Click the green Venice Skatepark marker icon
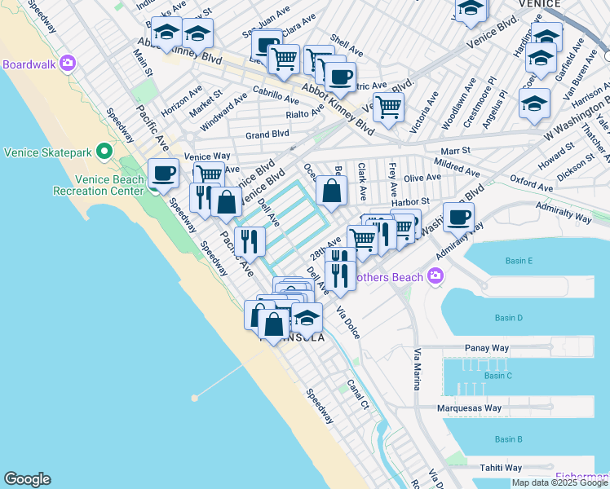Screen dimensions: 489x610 click(x=104, y=152)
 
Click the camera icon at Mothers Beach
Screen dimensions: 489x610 click(x=436, y=277)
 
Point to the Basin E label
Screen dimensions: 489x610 click(x=519, y=261)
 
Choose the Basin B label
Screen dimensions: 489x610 click(x=508, y=440)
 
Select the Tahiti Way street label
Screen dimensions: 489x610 click(x=501, y=468)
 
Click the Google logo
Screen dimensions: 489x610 click(x=27, y=479)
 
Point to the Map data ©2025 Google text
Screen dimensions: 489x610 click(x=559, y=482)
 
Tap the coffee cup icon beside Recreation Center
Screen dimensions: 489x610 click(x=163, y=174)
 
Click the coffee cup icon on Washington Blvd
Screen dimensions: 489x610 click(x=459, y=217)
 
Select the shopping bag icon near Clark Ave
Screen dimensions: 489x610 click(x=332, y=192)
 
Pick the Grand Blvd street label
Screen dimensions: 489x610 click(x=267, y=134)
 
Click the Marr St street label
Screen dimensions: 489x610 click(x=454, y=151)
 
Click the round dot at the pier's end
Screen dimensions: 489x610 click(x=194, y=398)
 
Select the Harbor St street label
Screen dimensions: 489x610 click(x=413, y=201)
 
